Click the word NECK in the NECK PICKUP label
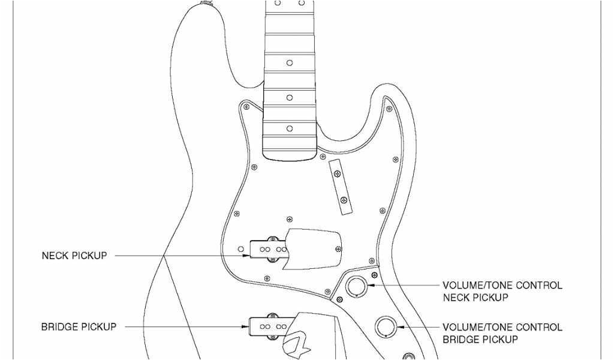[x=55, y=256]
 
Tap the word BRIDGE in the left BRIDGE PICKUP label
[x=61, y=327]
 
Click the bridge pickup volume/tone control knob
[x=386, y=327]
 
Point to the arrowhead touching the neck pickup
[x=246, y=256]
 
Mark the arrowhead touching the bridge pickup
[x=246, y=327]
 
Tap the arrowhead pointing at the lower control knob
[x=400, y=327]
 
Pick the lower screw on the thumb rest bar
[x=344, y=200]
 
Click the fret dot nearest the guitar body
[x=290, y=129]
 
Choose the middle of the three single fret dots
[x=290, y=97]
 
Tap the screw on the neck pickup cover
[x=341, y=249]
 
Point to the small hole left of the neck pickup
[x=241, y=248]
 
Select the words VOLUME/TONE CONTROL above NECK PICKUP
[x=502, y=286]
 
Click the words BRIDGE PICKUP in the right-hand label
[x=480, y=340]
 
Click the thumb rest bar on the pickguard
[x=340, y=187]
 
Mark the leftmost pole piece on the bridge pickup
[x=262, y=327]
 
